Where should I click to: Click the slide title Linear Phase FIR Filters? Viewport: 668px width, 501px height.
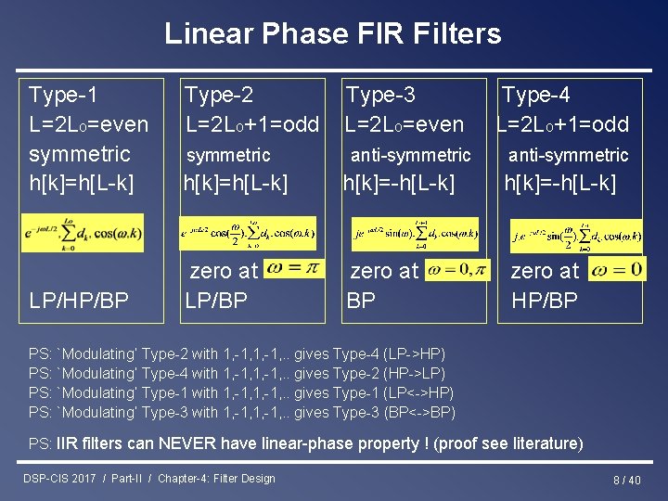click(333, 34)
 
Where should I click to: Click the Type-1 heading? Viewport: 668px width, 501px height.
click(63, 94)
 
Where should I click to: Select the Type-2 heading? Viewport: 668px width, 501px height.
click(219, 94)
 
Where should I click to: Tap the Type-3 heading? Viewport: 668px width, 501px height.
click(380, 94)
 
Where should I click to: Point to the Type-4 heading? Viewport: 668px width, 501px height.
click(535, 94)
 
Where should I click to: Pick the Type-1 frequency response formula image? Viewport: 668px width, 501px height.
click(84, 232)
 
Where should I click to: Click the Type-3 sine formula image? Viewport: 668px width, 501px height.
click(414, 234)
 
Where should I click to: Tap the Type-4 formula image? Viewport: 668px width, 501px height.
click(574, 236)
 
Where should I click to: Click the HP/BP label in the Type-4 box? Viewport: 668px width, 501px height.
click(545, 300)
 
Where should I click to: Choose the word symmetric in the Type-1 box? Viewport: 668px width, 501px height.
click(80, 153)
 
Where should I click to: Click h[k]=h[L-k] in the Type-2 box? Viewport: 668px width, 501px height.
click(236, 184)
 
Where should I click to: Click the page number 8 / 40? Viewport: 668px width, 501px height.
click(626, 480)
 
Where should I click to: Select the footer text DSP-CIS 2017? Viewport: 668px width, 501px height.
click(59, 479)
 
